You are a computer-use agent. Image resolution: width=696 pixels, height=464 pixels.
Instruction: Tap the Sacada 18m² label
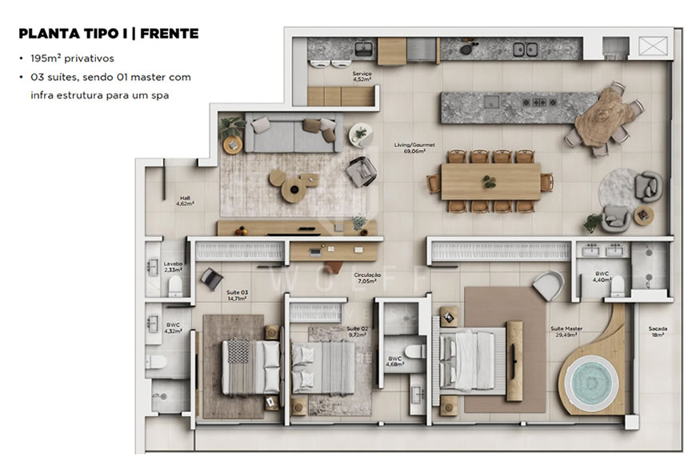tap(658, 332)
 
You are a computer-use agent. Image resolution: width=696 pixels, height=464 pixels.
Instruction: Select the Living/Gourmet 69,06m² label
tap(414, 148)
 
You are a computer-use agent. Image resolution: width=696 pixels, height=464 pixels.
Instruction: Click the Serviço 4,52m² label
tap(362, 77)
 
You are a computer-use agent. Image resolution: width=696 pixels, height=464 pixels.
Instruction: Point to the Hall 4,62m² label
tap(185, 201)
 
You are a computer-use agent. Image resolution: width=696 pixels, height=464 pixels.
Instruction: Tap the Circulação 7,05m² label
tap(367, 278)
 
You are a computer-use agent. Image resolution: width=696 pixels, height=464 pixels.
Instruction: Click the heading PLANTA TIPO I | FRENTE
tap(107, 34)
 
